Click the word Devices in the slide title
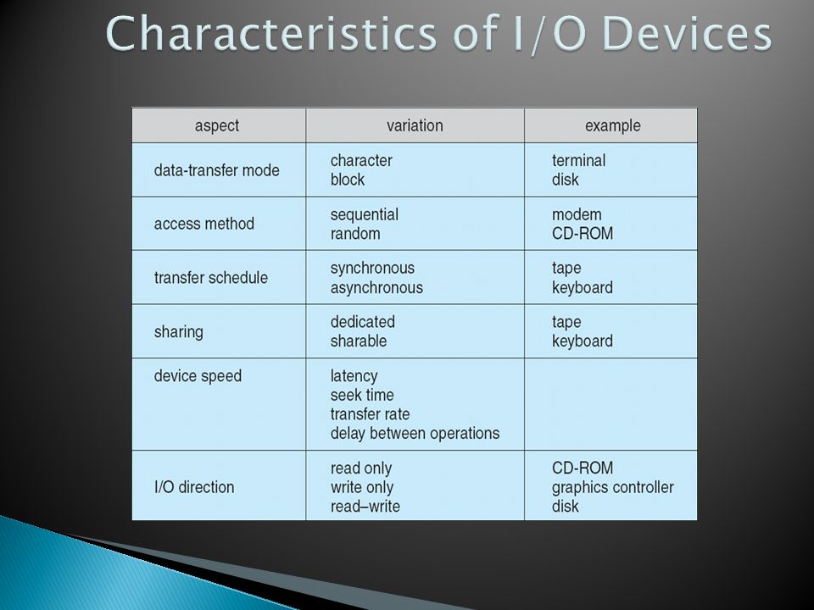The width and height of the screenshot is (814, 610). [688, 33]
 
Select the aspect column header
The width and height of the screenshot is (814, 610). [217, 126]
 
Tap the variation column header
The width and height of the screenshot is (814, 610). [415, 125]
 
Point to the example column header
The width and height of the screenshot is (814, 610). [612, 126]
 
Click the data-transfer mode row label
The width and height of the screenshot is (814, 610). [216, 170]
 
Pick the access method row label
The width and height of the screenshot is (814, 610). [204, 224]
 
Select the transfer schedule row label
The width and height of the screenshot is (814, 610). [211, 278]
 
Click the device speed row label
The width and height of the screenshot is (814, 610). [198, 376]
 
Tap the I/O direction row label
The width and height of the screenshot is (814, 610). [194, 487]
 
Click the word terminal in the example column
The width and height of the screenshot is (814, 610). [578, 160]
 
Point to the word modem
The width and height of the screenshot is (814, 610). [577, 214]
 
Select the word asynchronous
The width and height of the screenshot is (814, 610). [376, 288]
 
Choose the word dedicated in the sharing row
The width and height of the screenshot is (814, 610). [362, 322]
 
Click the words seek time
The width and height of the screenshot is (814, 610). [362, 396]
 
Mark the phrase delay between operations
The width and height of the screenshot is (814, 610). [415, 433]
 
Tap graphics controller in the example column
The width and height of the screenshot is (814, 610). [612, 488]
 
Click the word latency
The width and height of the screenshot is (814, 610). [354, 376]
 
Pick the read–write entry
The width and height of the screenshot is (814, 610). [365, 507]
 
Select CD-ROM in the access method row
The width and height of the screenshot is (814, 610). [583, 234]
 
